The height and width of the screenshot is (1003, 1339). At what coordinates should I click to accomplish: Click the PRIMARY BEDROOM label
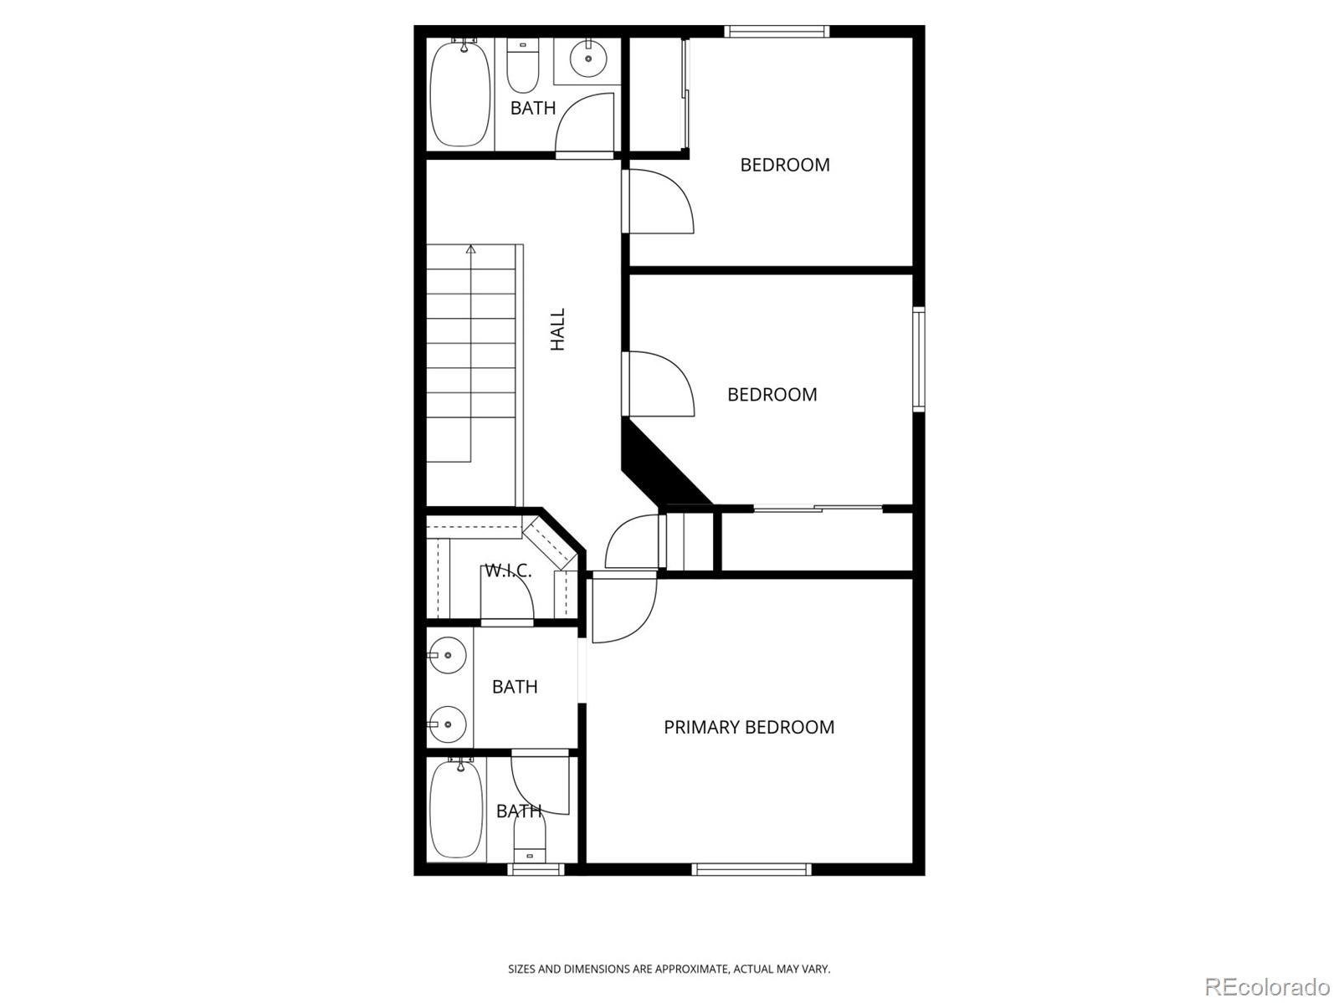click(749, 727)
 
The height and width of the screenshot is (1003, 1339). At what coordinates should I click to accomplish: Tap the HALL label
click(557, 329)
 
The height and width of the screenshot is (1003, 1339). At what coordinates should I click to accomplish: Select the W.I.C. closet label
click(508, 571)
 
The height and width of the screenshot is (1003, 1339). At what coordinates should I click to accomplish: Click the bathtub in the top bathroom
click(459, 94)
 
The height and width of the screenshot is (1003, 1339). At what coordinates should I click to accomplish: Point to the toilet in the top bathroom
click(523, 67)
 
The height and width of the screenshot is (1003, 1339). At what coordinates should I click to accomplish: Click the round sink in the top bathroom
click(587, 58)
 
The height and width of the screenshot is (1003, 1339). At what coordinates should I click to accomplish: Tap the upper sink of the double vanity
click(449, 654)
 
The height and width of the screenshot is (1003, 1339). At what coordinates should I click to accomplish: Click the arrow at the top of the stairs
click(471, 249)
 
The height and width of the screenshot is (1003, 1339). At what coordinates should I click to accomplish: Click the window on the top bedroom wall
click(777, 32)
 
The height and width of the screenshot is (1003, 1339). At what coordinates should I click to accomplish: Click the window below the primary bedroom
click(751, 870)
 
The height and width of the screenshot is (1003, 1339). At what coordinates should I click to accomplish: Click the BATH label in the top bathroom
click(533, 108)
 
